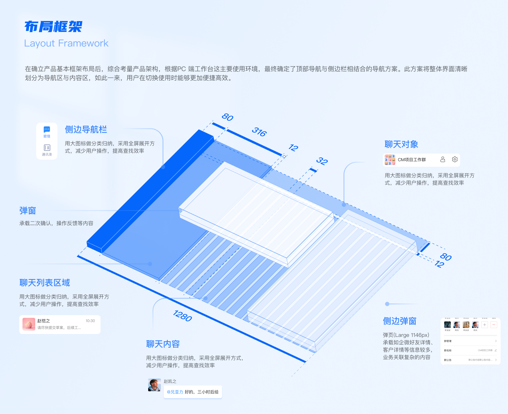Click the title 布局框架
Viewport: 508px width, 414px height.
click(x=53, y=27)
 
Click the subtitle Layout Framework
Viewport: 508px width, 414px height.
click(x=66, y=43)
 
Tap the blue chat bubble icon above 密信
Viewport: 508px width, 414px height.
click(x=47, y=129)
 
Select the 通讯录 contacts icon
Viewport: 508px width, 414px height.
click(x=47, y=147)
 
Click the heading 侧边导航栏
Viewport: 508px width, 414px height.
click(x=86, y=129)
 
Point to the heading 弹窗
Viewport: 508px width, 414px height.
click(x=28, y=211)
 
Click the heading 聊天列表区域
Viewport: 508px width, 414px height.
click(x=44, y=283)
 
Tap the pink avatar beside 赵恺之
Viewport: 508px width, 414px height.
click(x=29, y=324)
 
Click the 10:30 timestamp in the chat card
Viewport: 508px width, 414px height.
click(x=90, y=321)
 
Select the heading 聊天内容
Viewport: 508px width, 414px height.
click(x=163, y=344)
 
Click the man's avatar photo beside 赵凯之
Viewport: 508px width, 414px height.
click(x=154, y=385)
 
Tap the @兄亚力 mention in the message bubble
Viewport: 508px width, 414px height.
click(x=175, y=392)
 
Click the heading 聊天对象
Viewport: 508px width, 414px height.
click(x=401, y=144)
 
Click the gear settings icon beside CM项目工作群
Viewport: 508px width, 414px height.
click(x=455, y=159)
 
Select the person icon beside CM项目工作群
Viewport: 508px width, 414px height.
click(x=443, y=159)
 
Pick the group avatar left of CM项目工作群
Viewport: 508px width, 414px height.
click(x=390, y=160)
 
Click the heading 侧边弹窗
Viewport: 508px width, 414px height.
click(x=400, y=321)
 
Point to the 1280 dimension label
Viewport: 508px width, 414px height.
click(x=182, y=316)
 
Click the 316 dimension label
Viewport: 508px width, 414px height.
click(x=259, y=132)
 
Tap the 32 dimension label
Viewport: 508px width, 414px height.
click(x=322, y=161)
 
